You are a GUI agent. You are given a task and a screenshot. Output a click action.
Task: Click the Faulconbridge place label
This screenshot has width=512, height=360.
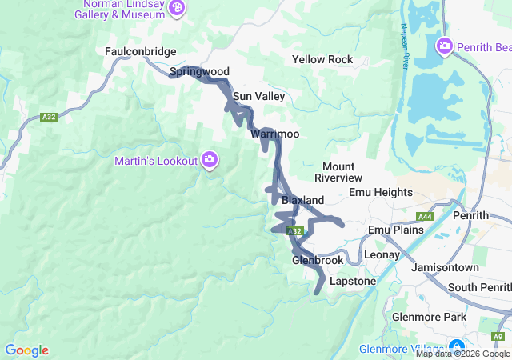pyautogui.click(x=140, y=51)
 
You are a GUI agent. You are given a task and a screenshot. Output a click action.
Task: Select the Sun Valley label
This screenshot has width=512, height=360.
pyautogui.click(x=258, y=97)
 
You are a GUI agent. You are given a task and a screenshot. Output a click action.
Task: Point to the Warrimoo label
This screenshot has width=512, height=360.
pyautogui.click(x=274, y=134)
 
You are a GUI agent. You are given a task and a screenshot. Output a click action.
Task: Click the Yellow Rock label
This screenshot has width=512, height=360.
pyautogui.click(x=322, y=60)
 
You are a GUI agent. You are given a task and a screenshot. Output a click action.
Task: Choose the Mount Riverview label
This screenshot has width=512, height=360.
pyautogui.click(x=338, y=172)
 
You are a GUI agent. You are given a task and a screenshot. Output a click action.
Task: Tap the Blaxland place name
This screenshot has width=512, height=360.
pyautogui.click(x=302, y=200)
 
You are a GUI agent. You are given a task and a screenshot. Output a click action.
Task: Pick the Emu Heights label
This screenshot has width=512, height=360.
pyautogui.click(x=381, y=193)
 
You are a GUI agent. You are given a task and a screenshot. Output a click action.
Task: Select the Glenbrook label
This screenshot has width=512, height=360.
pyautogui.click(x=317, y=261)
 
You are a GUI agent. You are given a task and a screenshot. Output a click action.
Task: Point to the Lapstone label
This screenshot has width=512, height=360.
pyautogui.click(x=352, y=282)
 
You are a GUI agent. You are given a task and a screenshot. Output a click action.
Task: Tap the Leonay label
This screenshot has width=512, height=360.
pyautogui.click(x=382, y=254)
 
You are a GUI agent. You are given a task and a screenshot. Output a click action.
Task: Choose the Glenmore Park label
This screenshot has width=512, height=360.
pyautogui.click(x=429, y=318)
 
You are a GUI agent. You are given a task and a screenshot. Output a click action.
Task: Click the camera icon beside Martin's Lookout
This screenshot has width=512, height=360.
pyautogui.click(x=210, y=161)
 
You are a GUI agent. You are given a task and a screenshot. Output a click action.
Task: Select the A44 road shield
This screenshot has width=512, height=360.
pyautogui.click(x=425, y=217)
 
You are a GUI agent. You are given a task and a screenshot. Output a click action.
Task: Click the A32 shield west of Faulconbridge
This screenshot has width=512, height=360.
pyautogui.click(x=48, y=118)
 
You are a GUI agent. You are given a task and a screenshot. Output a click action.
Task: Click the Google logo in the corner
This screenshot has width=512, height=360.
pyautogui.click(x=26, y=350)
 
